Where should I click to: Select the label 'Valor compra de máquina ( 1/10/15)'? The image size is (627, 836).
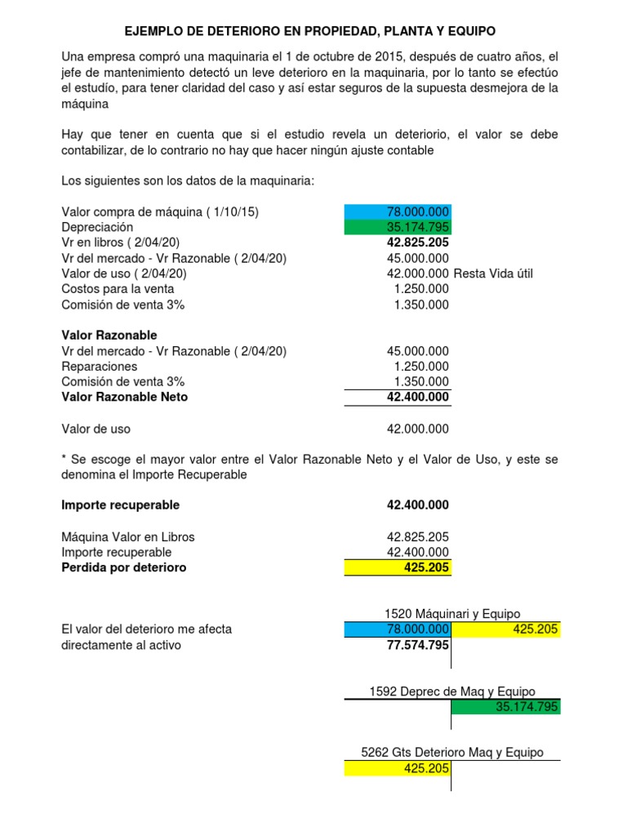(x=160, y=211)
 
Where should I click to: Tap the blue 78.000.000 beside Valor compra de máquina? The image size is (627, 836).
(x=417, y=211)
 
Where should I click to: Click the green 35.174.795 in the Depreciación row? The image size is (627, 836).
(x=417, y=227)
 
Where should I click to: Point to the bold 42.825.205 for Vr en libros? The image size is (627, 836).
(x=417, y=242)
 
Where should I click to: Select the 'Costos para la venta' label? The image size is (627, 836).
(x=118, y=288)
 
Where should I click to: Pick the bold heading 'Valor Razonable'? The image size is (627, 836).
(x=109, y=336)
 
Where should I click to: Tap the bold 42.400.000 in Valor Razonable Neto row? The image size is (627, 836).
(x=417, y=397)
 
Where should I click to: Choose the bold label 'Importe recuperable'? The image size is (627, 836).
(x=120, y=505)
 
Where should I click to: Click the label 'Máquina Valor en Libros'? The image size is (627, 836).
(x=128, y=537)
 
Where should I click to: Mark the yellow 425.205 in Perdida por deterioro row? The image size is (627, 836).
(x=426, y=567)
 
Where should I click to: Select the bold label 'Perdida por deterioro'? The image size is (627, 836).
(x=124, y=567)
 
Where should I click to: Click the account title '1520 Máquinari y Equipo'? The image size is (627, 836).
(x=452, y=614)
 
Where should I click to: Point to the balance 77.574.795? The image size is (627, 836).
(x=417, y=645)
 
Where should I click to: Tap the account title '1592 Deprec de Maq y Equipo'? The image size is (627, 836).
(x=452, y=691)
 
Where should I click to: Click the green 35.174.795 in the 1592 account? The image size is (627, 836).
(x=527, y=707)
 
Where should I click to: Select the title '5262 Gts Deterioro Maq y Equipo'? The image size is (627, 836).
(x=451, y=753)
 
